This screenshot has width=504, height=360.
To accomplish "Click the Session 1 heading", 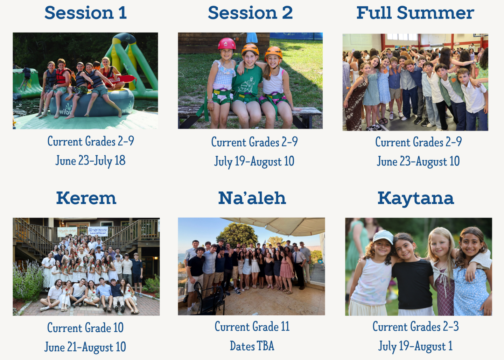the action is pyautogui.click(x=85, y=13).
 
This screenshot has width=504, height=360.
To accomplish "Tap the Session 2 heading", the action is pyautogui.click(x=250, y=13).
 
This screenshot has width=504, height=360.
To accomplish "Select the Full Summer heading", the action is pyautogui.click(x=415, y=13).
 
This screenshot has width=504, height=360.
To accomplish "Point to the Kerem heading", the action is pyautogui.click(x=86, y=198).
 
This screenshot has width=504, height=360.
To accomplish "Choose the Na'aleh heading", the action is pyautogui.click(x=252, y=198).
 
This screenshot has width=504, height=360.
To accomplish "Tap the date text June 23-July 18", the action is pyautogui.click(x=90, y=161).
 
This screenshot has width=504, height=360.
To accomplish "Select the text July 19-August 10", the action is pyautogui.click(x=254, y=162).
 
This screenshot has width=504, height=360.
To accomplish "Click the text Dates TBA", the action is pyautogui.click(x=252, y=346).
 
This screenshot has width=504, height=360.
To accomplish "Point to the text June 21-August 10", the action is pyautogui.click(x=85, y=347).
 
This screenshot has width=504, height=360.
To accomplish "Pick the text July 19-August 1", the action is pyautogui.click(x=415, y=346).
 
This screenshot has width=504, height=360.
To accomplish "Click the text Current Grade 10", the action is pyautogui.click(x=85, y=327).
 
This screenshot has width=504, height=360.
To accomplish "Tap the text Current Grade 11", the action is pyautogui.click(x=252, y=326).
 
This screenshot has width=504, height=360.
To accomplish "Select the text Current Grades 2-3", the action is pyautogui.click(x=415, y=326).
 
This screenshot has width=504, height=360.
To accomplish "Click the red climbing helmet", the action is pyautogui.click(x=226, y=44).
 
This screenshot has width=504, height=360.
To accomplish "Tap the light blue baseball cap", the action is pyautogui.click(x=383, y=237).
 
